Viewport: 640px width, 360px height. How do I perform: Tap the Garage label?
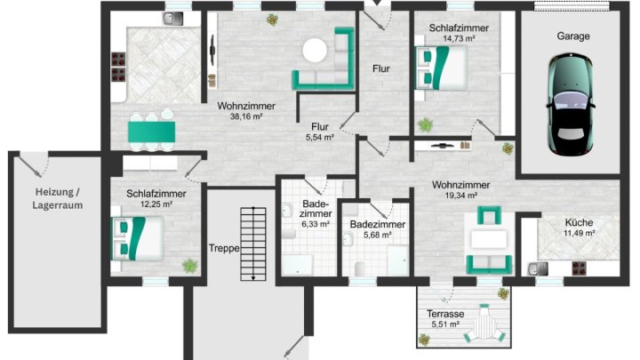coord(574,37)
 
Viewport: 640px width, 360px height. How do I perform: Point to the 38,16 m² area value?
coord(246,116)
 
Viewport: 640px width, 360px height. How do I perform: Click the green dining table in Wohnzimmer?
coord(151,131)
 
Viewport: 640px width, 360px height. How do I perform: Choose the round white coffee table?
coord(316,52)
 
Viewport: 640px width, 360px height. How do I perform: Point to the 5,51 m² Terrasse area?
coord(445,325)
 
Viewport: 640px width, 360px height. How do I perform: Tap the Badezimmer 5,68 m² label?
coord(377,230)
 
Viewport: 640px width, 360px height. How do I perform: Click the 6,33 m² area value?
coord(316,225)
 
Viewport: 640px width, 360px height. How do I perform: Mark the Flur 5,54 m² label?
coord(320,132)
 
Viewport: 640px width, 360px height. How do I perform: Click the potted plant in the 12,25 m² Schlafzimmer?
coord(189,265)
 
